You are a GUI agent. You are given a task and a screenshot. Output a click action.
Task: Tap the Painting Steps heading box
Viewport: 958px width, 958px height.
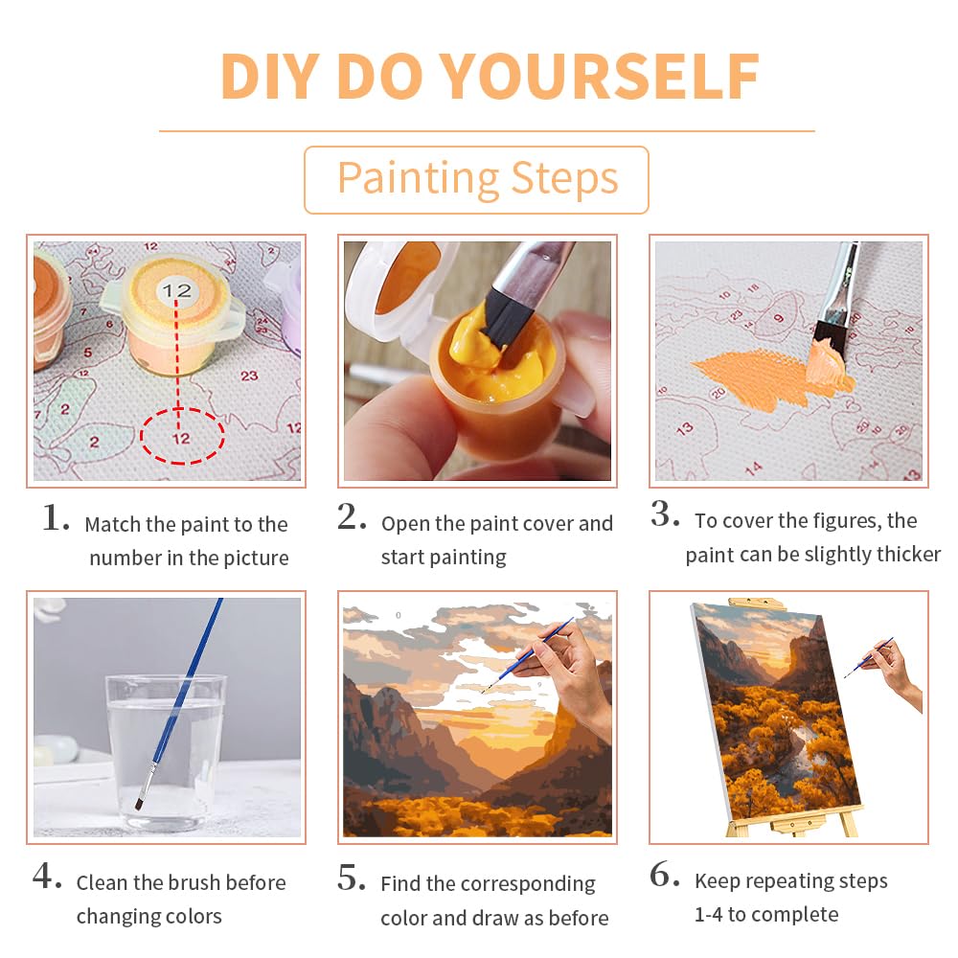click(476, 179)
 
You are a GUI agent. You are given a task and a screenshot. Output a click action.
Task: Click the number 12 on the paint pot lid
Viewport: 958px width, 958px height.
click(176, 290)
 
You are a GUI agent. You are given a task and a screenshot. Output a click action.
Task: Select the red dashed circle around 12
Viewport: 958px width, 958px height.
click(181, 437)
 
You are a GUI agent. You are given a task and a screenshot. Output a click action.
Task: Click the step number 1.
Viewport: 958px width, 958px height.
click(56, 519)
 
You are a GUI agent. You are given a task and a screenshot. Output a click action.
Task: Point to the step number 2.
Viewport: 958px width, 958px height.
click(353, 518)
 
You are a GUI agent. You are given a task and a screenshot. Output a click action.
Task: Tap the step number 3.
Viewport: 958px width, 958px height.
click(665, 515)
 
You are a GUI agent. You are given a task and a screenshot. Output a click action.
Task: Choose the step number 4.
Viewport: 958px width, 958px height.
click(47, 878)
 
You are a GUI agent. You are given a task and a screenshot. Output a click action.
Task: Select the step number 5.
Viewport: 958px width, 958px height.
click(353, 878)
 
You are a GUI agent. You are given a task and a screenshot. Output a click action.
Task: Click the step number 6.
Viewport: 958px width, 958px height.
click(665, 877)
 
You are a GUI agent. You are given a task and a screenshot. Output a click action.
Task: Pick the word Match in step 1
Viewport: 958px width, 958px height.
click(114, 524)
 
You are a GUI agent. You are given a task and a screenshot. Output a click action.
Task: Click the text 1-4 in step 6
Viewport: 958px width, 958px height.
click(709, 915)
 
